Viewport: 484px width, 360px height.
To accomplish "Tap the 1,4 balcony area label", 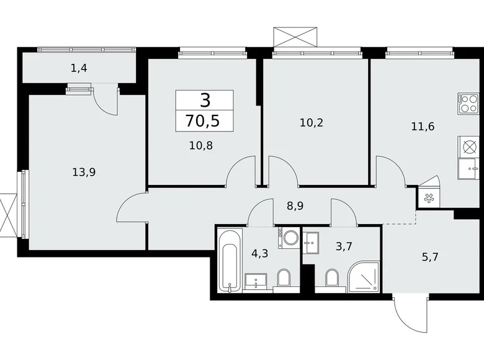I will (79, 68).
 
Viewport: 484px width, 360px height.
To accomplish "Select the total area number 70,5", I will (204, 120).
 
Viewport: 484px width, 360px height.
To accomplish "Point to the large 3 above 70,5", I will (204, 99).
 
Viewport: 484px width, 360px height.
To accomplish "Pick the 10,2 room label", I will (311, 122).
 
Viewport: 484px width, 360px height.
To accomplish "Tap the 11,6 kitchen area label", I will (423, 126).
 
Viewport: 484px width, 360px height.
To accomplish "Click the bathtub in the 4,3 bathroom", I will (229, 261).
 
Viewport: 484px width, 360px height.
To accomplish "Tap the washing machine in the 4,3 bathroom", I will (289, 238).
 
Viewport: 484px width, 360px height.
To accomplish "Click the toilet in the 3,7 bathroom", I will (333, 279).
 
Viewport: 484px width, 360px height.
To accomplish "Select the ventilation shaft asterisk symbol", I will (428, 198).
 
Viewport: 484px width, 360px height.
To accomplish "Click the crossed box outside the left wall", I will (8, 215).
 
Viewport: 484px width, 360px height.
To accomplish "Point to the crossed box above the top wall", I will (295, 35).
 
